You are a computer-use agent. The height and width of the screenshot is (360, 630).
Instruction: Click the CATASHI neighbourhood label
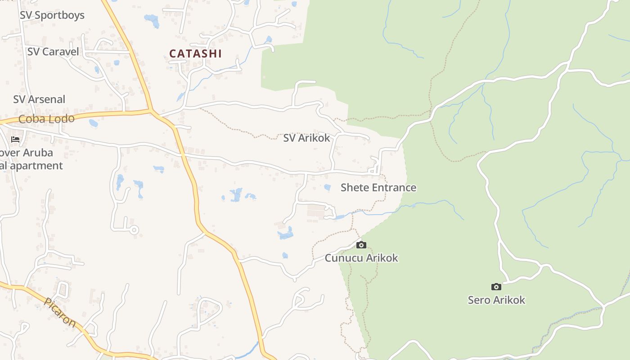tap(195, 54)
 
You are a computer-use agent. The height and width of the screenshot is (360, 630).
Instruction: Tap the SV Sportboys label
tap(52, 15)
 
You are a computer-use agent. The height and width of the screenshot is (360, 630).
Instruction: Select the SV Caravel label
tap(53, 52)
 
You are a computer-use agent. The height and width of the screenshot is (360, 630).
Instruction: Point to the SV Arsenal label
tap(39, 99)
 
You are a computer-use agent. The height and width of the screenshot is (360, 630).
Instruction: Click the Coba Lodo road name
tap(46, 119)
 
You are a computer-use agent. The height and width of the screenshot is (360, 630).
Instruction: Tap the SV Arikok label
tap(306, 138)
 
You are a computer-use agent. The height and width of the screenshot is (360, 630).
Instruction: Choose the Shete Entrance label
tap(378, 188)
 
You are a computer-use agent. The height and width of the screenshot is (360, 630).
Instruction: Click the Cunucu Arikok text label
tap(361, 258)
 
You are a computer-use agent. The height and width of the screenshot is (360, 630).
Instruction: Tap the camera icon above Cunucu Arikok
tap(361, 245)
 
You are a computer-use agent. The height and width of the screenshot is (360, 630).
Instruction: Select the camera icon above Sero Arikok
tap(496, 287)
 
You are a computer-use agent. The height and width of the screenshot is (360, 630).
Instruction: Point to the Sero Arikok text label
tap(496, 300)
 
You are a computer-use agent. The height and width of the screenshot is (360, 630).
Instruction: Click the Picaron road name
tap(60, 312)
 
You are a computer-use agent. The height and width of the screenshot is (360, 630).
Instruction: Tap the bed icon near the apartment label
tap(15, 139)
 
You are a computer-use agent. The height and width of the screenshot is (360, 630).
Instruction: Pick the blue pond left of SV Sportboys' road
tap(151, 20)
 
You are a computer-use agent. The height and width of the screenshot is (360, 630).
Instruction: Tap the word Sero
tap(479, 300)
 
